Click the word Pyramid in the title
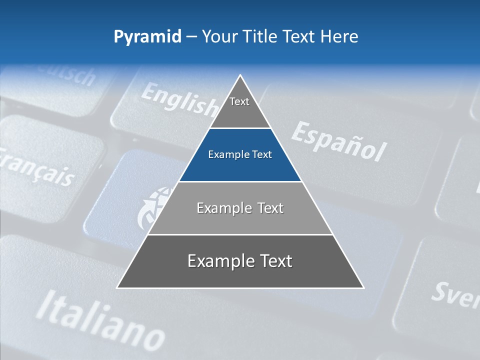click(147, 37)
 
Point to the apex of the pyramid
click(240, 76)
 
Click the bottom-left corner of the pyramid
click(117, 287)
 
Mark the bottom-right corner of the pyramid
click(363, 287)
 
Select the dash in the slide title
click(191, 37)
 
